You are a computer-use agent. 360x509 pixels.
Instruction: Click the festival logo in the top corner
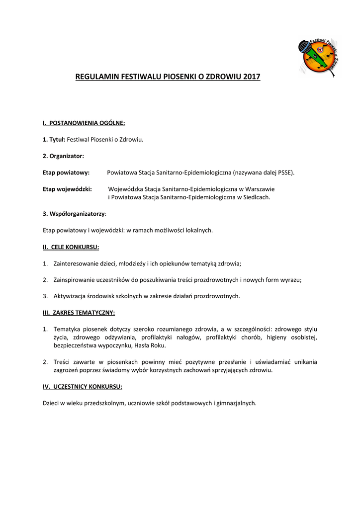tap(321, 57)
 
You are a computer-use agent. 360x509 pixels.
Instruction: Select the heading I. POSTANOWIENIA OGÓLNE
tap(84, 123)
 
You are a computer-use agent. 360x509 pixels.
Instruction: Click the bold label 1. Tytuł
tap(54, 140)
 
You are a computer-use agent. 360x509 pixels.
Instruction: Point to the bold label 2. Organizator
tap(63, 156)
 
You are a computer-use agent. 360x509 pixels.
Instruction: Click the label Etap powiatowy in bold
tap(66, 172)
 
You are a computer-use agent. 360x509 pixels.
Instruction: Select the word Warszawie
tap(259, 189)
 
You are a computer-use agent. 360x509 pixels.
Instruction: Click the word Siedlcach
tap(256, 197)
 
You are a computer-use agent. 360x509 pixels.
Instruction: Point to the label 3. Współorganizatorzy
tap(74, 214)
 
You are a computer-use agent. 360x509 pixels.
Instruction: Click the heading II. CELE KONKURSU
tap(71, 247)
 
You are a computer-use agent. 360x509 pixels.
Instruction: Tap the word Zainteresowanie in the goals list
tap(76, 263)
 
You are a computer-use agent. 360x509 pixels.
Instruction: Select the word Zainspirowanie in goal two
tap(75, 280)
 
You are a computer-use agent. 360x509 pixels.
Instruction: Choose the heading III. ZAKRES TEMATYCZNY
tap(79, 313)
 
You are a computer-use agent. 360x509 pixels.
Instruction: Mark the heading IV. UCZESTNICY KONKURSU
tap(83, 386)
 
